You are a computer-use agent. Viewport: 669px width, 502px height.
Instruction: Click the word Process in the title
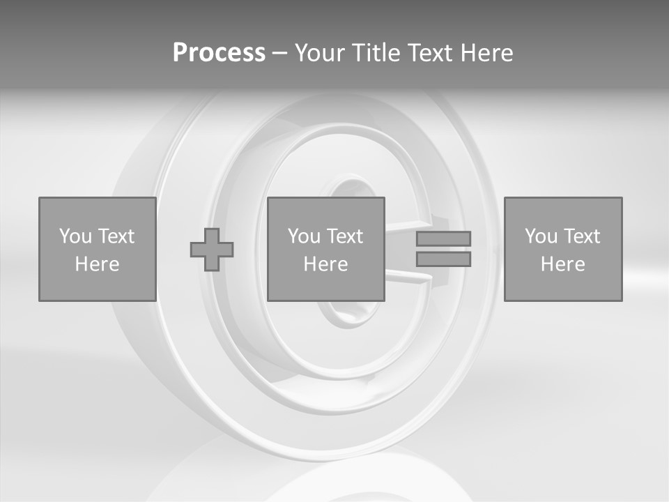[219, 53]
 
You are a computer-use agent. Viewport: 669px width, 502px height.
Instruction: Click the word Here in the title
[486, 53]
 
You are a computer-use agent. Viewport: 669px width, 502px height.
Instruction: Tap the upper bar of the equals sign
[443, 238]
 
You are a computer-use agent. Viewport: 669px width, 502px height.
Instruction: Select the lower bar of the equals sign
[443, 259]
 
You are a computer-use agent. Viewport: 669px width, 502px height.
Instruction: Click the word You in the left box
[75, 236]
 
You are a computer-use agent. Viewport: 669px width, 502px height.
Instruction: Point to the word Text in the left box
[116, 236]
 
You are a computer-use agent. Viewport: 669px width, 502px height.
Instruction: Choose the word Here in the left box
[97, 264]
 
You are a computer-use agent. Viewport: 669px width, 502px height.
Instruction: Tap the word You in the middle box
[304, 236]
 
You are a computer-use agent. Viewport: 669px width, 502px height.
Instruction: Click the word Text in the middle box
[344, 236]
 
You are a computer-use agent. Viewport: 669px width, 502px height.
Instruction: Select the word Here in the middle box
[325, 264]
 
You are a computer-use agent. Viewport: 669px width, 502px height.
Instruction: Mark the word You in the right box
[541, 236]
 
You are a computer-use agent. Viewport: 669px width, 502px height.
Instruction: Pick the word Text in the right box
[581, 236]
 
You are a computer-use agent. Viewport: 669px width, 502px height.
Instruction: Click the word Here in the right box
[562, 264]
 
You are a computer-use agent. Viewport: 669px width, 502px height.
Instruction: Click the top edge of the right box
[563, 198]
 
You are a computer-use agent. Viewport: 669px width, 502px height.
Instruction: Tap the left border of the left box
[39, 249]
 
